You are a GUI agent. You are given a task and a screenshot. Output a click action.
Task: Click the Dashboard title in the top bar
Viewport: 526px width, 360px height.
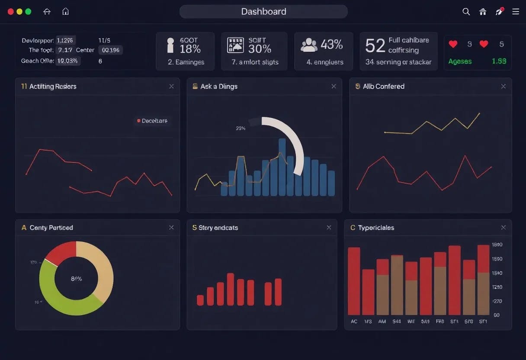263,12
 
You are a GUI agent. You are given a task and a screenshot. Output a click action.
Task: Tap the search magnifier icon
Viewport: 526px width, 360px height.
466,12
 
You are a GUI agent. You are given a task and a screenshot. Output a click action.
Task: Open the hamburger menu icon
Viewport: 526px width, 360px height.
516,12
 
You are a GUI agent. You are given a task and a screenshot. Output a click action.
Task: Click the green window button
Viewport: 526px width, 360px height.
28,12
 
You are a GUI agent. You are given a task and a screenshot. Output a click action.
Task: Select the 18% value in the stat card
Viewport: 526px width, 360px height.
190,49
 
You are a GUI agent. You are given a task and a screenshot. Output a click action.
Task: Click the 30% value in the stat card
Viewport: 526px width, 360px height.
260,49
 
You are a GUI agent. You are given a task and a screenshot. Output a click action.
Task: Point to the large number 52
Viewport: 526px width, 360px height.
375,45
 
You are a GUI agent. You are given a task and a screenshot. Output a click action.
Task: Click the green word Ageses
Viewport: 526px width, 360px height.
460,61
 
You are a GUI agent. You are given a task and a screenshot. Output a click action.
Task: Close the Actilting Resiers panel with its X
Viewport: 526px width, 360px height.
171,87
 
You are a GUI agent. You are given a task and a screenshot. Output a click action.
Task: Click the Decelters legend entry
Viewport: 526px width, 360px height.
154,121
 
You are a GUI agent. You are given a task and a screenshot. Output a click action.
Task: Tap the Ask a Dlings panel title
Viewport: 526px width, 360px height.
219,87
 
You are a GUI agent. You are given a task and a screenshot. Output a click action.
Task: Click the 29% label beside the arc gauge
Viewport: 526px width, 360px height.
241,128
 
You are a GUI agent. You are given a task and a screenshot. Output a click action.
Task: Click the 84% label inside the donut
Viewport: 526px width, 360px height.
76,279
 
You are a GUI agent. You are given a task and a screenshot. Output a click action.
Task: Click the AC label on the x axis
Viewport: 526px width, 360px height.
354,321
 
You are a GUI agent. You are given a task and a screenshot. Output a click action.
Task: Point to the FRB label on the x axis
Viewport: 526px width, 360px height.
440,321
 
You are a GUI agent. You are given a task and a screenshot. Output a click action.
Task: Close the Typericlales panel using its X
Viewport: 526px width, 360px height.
503,228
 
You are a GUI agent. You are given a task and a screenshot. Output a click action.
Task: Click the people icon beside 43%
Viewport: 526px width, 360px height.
309,45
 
